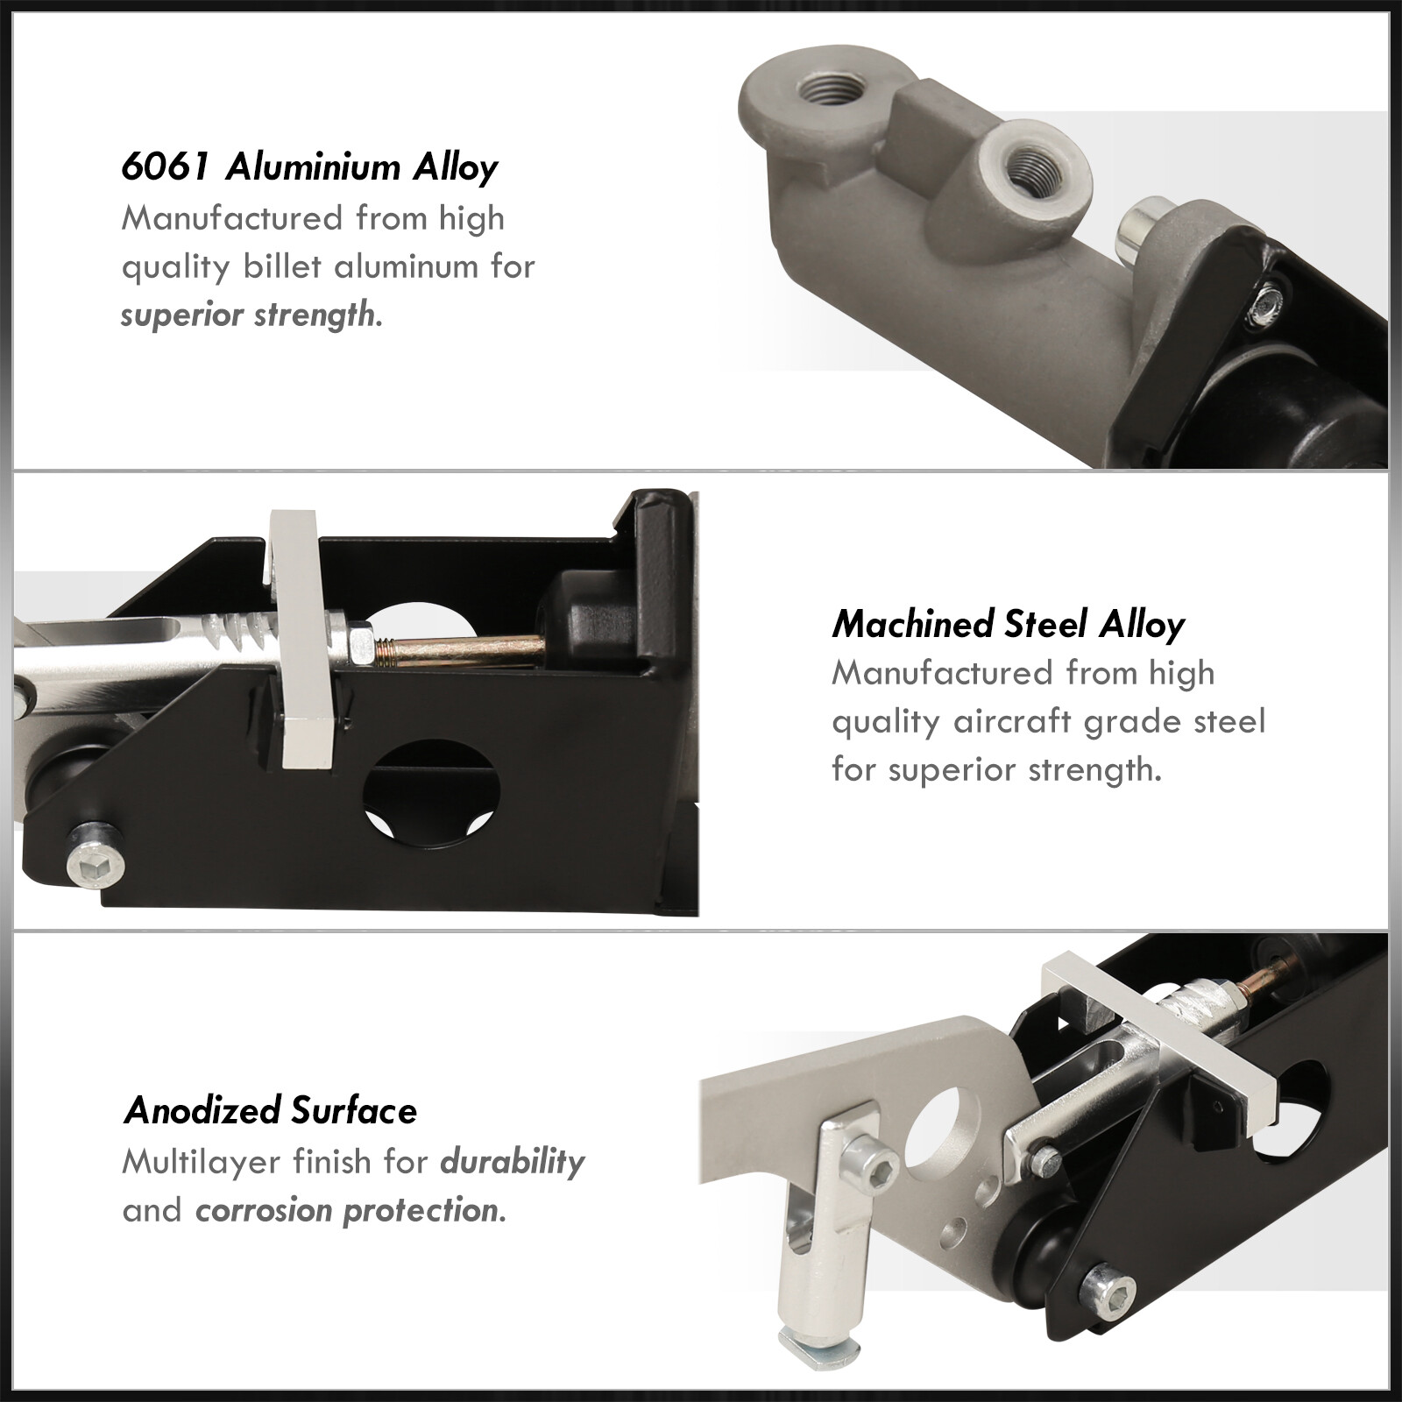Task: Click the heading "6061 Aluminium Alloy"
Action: [309, 168]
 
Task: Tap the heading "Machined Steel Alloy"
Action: [1008, 625]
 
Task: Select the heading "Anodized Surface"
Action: [271, 1111]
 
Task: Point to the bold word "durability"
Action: [513, 1163]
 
